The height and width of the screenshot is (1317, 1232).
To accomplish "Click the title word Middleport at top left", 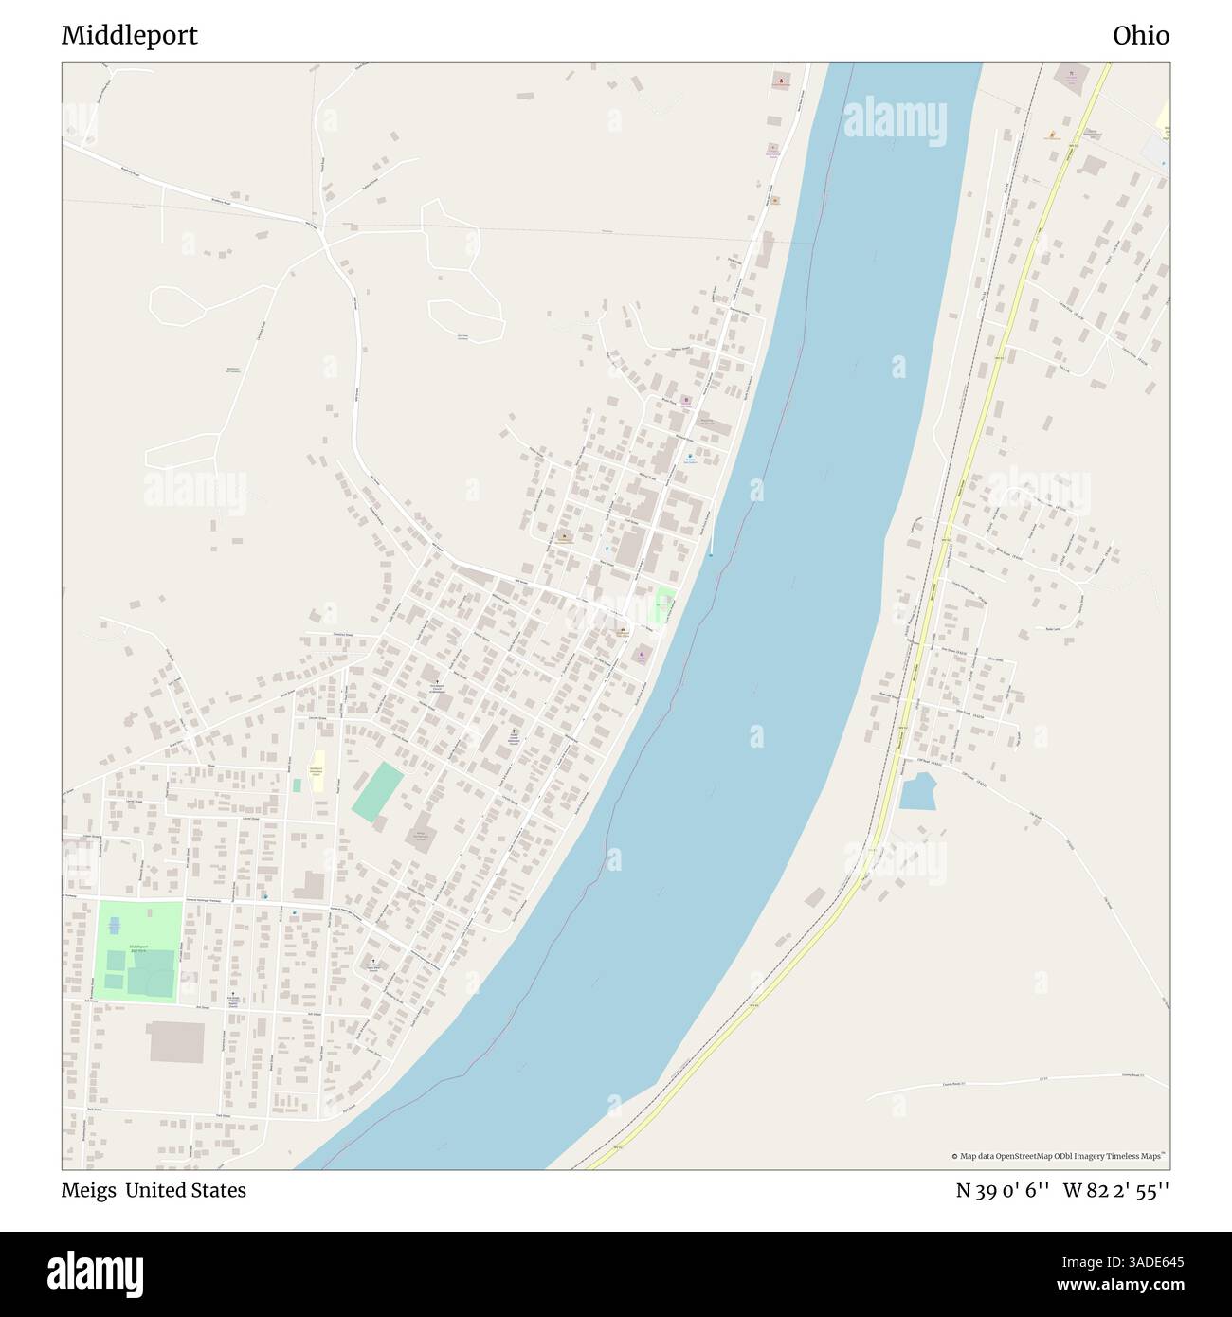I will click(130, 36).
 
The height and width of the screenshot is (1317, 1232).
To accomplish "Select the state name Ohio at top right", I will click(1141, 36).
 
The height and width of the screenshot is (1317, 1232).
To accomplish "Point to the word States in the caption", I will click(217, 1191).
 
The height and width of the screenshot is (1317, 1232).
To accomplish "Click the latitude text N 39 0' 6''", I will click(1002, 1191).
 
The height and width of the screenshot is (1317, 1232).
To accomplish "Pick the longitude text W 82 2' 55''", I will click(1116, 1191).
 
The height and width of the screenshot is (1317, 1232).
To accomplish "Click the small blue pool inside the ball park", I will click(114, 924).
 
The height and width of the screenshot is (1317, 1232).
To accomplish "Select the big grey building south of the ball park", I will click(176, 1042).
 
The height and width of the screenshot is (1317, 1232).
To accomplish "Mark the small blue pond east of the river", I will click(917, 791).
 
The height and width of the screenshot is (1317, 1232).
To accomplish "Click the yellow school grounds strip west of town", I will click(319, 771).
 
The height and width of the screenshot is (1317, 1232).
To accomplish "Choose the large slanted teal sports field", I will click(377, 792).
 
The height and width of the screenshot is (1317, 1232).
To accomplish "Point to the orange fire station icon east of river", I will click(1052, 135).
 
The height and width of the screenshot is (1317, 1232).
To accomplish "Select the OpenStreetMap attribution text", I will click(1060, 1156).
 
